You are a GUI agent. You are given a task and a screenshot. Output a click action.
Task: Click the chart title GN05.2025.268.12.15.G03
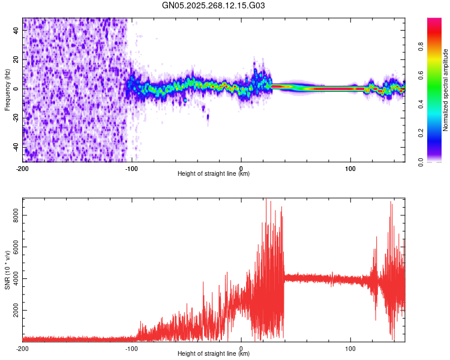click(x=214, y=5)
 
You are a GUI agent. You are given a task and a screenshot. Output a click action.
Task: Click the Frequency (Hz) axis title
click(x=7, y=90)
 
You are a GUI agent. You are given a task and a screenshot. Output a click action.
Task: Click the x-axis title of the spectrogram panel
click(x=214, y=174)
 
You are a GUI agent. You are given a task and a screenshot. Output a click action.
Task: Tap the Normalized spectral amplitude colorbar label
click(x=446, y=90)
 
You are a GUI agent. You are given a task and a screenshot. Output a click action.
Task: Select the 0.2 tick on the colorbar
click(x=437, y=133)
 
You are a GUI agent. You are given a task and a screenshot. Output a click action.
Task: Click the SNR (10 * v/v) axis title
click(x=7, y=269)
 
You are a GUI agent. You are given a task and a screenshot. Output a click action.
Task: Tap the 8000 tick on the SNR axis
click(x=13, y=215)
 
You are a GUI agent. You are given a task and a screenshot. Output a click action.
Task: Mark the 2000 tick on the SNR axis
click(x=13, y=310)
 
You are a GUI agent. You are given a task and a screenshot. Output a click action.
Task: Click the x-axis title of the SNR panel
click(x=214, y=354)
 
